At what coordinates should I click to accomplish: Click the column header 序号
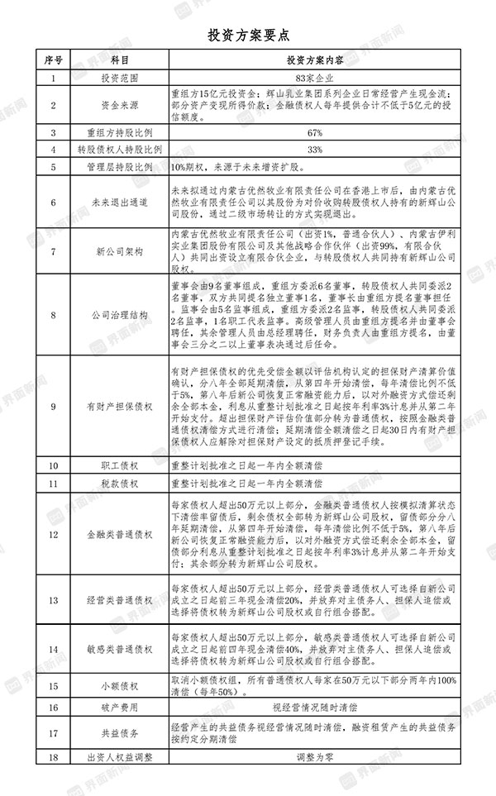[53, 61]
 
